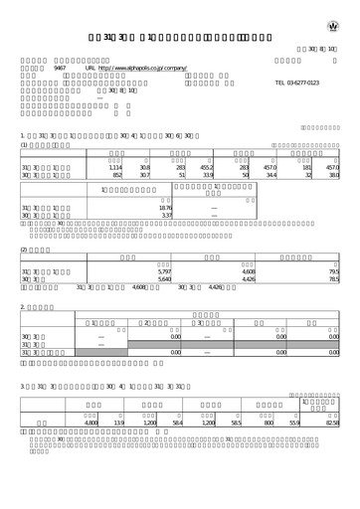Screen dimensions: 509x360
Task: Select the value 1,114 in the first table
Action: tap(115, 169)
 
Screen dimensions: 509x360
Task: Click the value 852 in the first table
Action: tap(117, 177)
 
